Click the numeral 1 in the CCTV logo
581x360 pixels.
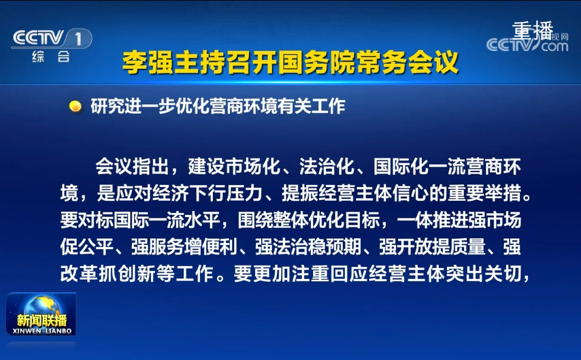coord(78,39)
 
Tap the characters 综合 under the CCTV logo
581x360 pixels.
coord(51,56)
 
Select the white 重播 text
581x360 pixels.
coord(533,31)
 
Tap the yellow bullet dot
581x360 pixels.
coord(76,106)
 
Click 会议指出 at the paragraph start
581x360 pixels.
coord(132,167)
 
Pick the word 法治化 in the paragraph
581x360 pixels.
coord(327,167)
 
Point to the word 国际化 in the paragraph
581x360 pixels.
coord(401,167)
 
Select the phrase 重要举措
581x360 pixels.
coord(484,193)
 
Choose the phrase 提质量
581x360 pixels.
coord(459,246)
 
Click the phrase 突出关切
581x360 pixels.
coord(484,274)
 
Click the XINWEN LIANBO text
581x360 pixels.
coord(42,331)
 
